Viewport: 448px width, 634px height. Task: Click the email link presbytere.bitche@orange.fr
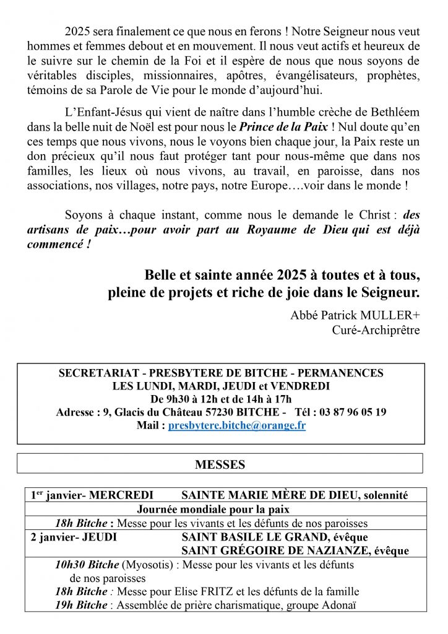coord(237,425)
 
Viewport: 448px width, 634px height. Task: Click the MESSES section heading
coord(220,464)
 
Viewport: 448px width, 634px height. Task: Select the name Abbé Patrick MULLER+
coord(355,315)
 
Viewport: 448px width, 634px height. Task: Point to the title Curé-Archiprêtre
coord(376,330)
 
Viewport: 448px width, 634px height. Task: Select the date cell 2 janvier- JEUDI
coord(74,537)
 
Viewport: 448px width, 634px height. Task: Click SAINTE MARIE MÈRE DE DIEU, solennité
coord(295,495)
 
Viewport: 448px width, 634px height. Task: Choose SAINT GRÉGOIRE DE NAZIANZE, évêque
coord(295,550)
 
